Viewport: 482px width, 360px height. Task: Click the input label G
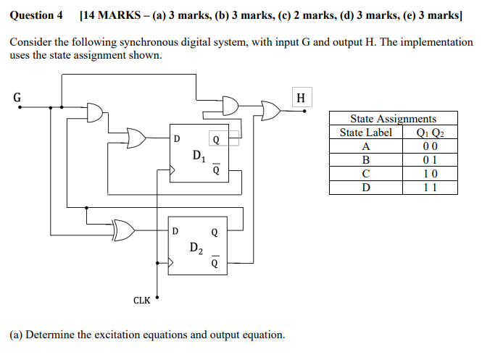coord(17,95)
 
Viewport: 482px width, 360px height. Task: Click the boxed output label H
coord(302,97)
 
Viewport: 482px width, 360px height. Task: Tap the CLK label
coord(142,300)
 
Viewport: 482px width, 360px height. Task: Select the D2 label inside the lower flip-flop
coord(196,248)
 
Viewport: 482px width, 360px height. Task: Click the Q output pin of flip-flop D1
coord(215,138)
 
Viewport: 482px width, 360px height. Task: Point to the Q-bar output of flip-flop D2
coord(214,263)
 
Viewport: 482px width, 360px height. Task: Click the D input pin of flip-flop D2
coord(175,232)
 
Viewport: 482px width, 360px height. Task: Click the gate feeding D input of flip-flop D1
coord(136,137)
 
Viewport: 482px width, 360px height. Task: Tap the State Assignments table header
coord(393,119)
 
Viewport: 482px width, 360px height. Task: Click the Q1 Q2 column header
coord(428,133)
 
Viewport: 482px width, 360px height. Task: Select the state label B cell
coord(365,160)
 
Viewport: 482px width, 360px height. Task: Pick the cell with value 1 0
coord(429,174)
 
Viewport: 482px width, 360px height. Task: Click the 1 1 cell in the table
coord(429,188)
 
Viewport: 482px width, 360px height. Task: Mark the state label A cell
coord(365,146)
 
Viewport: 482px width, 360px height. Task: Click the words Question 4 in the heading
coord(36,15)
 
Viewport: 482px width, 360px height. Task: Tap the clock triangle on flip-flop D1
coord(173,172)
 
